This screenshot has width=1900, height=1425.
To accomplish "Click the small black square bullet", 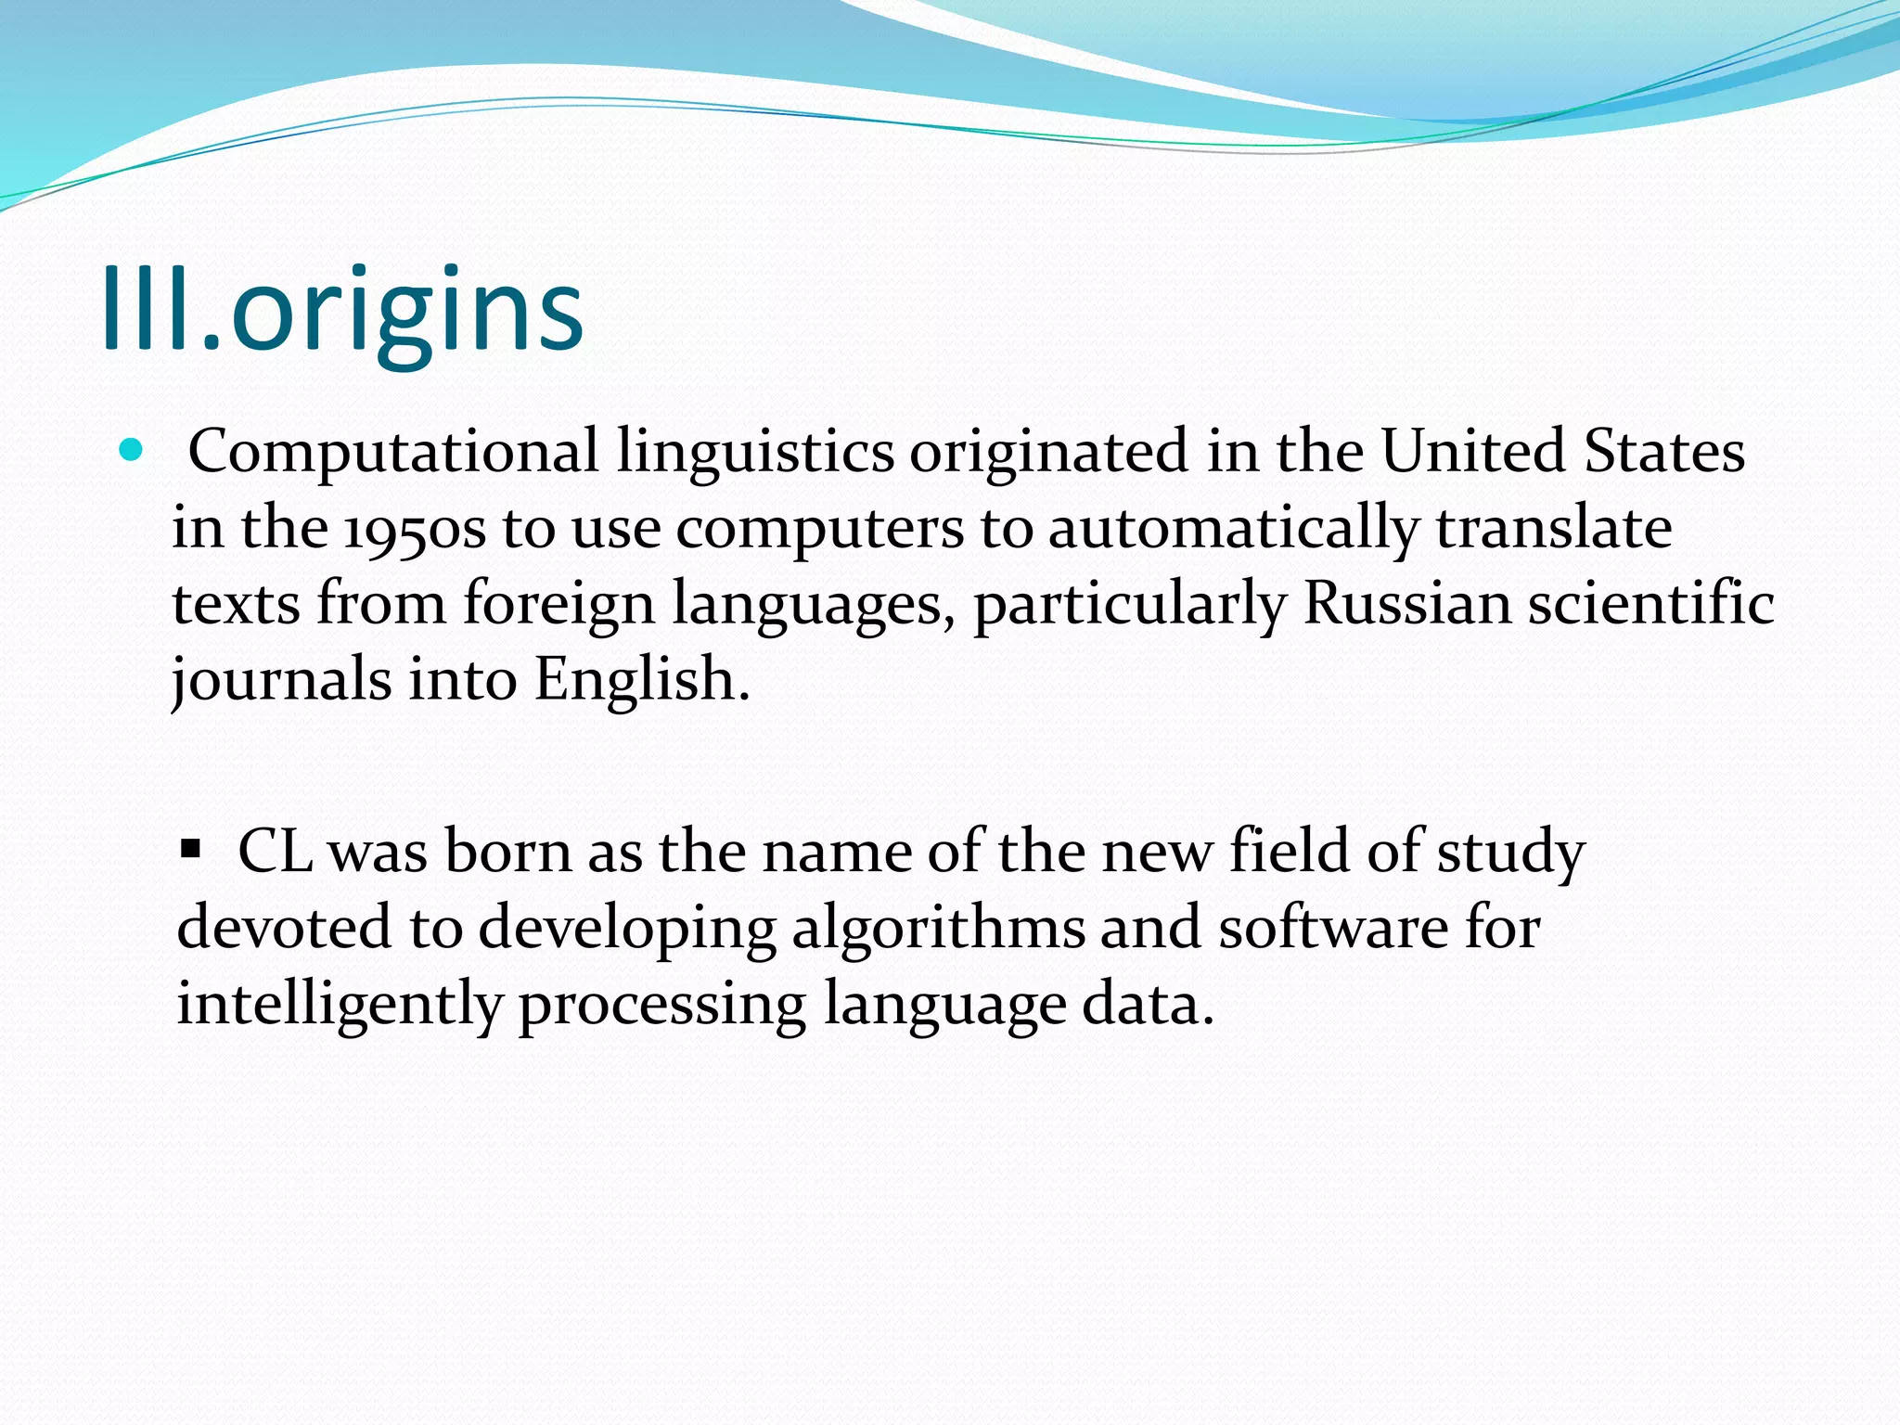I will click(x=191, y=848).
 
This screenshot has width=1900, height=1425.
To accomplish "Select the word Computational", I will click(x=393, y=453).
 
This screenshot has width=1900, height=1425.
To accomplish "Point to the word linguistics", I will click(x=755, y=453).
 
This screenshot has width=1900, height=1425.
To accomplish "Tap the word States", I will click(x=1664, y=451).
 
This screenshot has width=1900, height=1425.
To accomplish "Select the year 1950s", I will click(x=415, y=529).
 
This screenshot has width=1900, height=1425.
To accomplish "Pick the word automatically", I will click(x=1233, y=529).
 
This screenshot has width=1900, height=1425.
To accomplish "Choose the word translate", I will click(x=1554, y=527).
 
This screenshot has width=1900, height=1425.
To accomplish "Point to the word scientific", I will click(x=1650, y=603).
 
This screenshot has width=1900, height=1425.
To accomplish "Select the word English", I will click(x=640, y=680).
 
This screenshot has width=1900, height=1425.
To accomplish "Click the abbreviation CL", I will click(x=275, y=852).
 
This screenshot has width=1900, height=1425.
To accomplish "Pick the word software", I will click(x=1332, y=928).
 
